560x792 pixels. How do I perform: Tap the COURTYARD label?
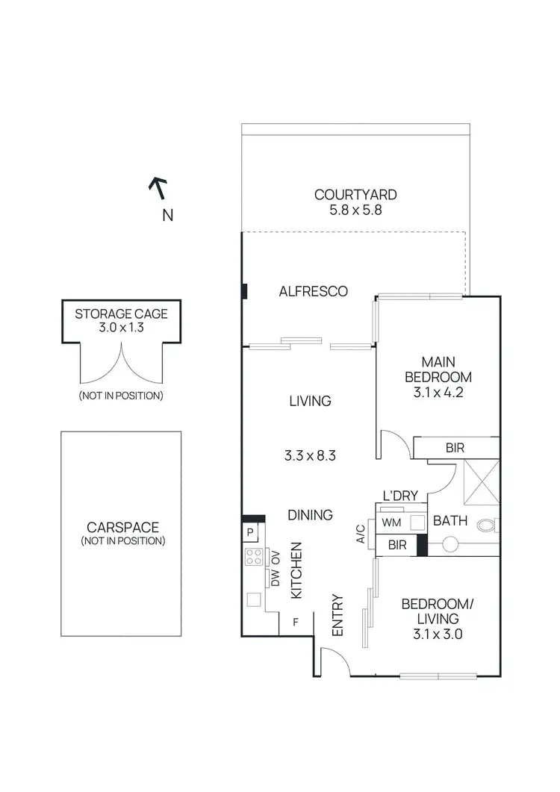coord(355,195)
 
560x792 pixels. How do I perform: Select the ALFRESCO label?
coord(313,291)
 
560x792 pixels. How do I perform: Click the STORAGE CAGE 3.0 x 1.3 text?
coord(121,320)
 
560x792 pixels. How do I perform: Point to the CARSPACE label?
coord(121,527)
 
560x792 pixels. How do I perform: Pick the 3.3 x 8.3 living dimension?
coord(310,453)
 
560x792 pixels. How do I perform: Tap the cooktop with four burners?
coord(253,557)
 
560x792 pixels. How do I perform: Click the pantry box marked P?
coord(249,532)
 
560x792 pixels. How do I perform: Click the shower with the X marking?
coord(481,484)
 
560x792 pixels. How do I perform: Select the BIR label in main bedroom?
coord(455,448)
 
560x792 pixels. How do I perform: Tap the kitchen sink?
coord(253,599)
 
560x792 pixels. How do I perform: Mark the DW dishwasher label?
coord(275,579)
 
